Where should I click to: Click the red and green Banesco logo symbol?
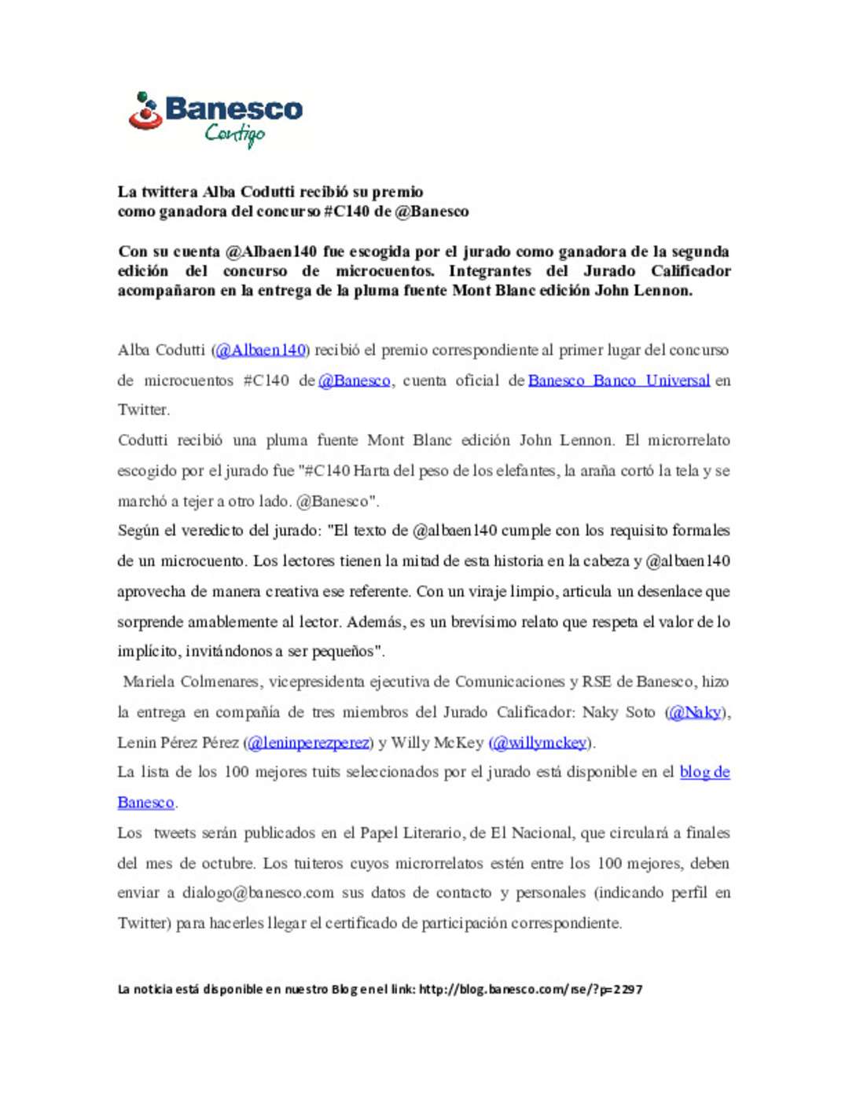click(145, 111)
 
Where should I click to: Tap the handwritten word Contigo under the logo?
click(234, 134)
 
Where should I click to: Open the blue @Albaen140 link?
click(260, 351)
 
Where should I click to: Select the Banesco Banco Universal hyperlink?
click(619, 381)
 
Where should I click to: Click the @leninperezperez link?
click(309, 743)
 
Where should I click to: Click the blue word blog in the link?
click(695, 773)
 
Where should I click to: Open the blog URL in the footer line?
click(531, 990)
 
